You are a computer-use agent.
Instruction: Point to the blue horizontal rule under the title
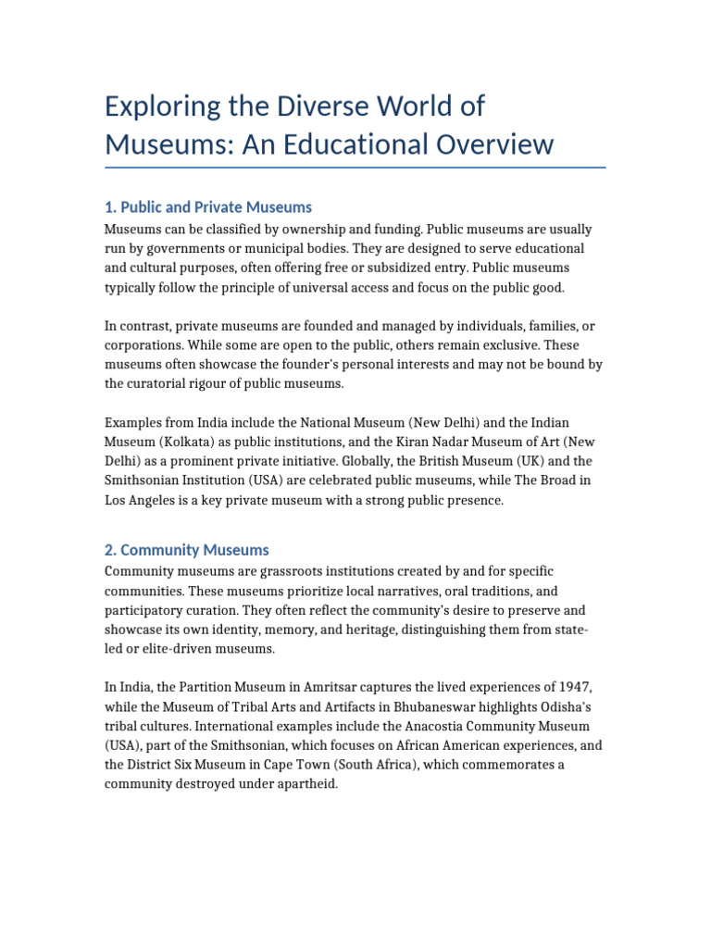click(x=355, y=168)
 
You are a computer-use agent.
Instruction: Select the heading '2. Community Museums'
click(x=187, y=550)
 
